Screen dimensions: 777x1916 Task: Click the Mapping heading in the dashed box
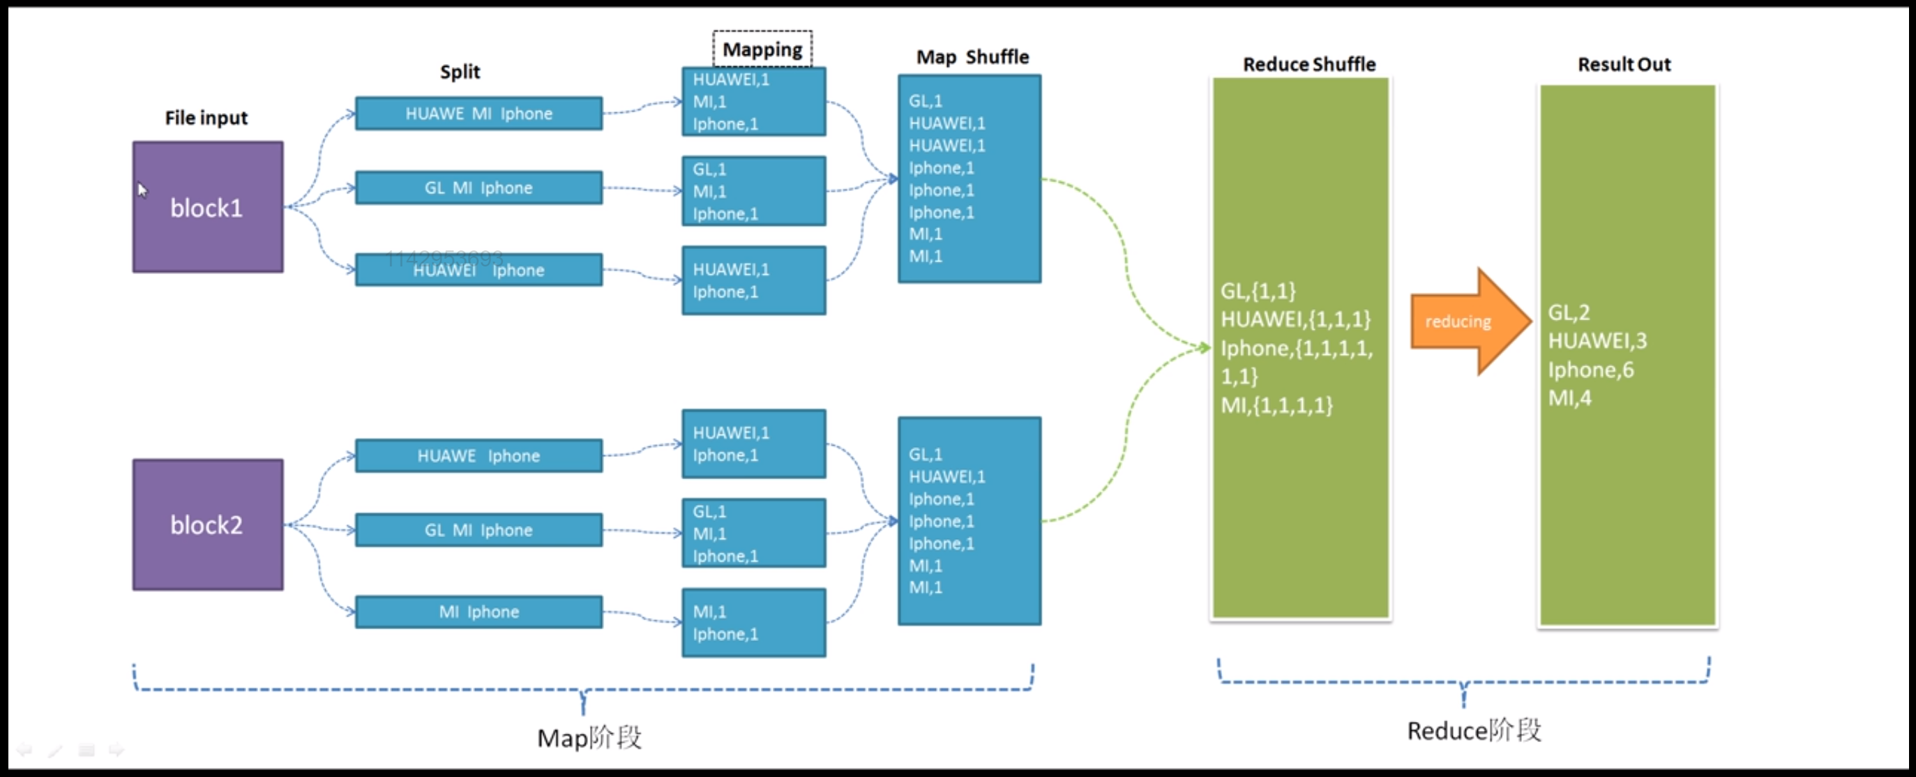762,49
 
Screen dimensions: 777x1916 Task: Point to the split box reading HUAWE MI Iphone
478,114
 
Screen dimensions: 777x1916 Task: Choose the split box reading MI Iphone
478,612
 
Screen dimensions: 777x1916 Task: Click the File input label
206,117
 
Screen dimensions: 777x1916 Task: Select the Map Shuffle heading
972,57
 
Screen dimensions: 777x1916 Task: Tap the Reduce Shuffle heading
1308,65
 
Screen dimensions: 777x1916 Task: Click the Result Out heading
1624,65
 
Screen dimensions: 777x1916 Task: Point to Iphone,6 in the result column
1590,370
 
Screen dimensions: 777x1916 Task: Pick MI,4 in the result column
1569,398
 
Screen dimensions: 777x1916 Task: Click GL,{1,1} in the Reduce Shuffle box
1258,291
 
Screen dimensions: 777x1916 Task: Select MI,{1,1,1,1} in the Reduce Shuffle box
1276,405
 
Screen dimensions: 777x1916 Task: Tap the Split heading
460,72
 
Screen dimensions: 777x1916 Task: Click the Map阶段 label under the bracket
589,738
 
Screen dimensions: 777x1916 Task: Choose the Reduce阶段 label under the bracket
1474,730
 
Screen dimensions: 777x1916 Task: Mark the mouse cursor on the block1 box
142,190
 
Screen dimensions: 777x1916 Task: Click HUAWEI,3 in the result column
1597,340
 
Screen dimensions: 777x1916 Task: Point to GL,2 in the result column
1569,312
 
